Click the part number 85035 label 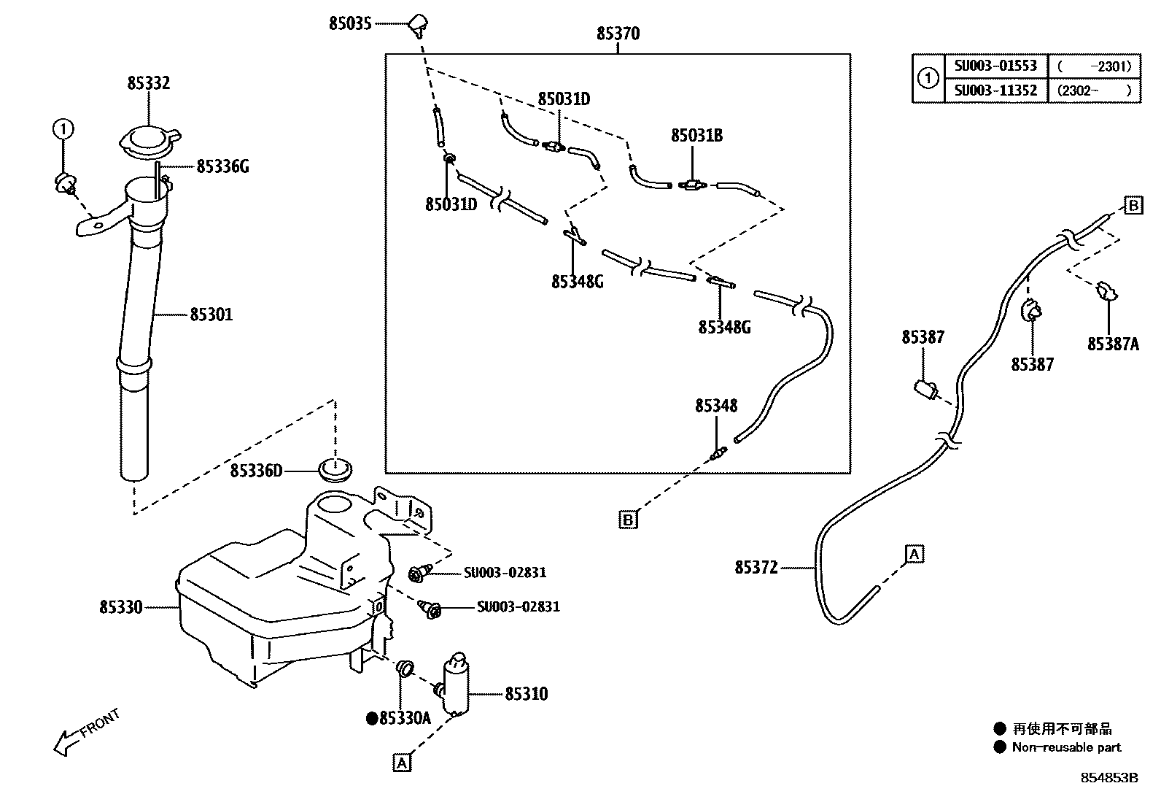tap(350, 23)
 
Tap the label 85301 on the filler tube tap(211, 315)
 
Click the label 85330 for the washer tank tap(121, 606)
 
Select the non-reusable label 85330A tap(404, 718)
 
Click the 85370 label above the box tap(618, 34)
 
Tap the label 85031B tap(696, 135)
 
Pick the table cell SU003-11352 tap(995, 90)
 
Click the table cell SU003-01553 tap(995, 66)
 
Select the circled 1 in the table tap(927, 78)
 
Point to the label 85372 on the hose tap(756, 567)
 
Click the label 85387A tap(1112, 344)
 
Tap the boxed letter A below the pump tap(401, 763)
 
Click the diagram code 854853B tap(1108, 778)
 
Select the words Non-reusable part tap(1066, 747)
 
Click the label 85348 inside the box tap(715, 405)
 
